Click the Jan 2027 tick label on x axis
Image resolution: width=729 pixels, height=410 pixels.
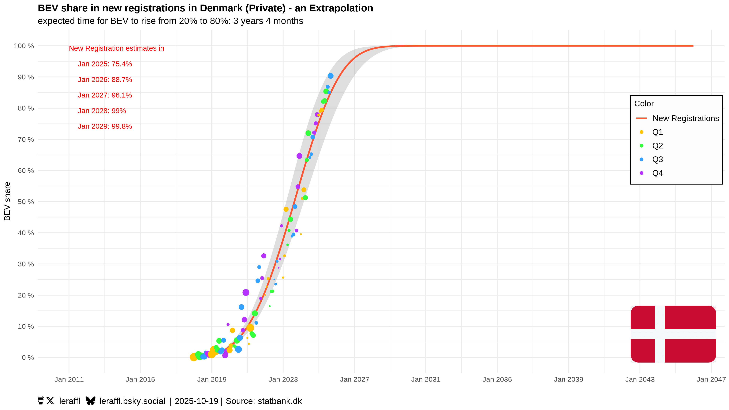coord(354,379)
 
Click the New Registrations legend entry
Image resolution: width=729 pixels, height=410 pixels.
coord(685,118)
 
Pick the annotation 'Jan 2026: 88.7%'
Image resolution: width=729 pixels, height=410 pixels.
coord(105,80)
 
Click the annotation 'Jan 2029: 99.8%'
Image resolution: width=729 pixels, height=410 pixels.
coord(105,126)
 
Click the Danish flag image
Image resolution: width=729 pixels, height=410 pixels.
coord(673,334)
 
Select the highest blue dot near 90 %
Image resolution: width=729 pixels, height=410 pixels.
coord(331,76)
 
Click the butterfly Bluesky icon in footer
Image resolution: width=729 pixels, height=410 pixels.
coord(91,401)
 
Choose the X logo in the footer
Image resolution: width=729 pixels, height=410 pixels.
coord(50,401)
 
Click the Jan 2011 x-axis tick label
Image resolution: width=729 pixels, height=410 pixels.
coord(69,379)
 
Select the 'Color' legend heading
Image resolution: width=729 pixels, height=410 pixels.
coord(644,104)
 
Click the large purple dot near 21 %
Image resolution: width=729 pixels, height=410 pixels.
coord(246,292)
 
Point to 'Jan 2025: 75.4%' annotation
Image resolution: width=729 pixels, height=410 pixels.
coord(105,64)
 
